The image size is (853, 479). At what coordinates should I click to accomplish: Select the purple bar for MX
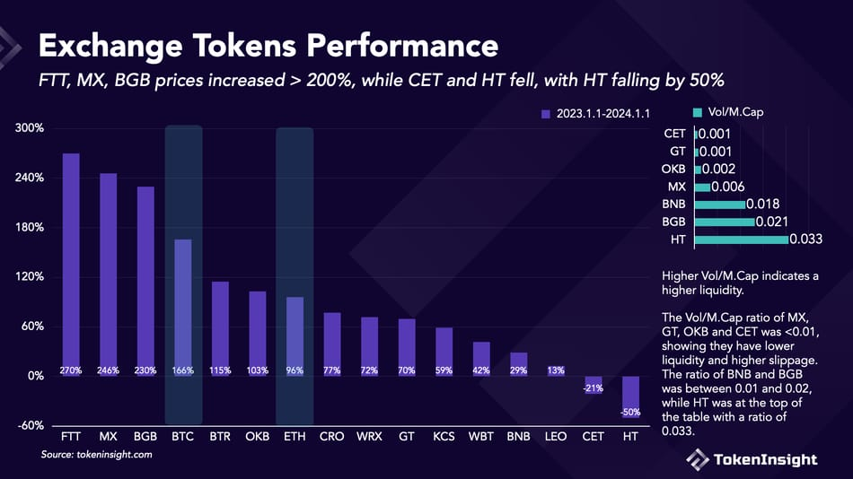point(109,274)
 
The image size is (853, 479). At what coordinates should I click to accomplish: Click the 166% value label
point(182,370)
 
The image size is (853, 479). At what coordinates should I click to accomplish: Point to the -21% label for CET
point(593,388)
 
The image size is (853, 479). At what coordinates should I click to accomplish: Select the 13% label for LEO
point(555,370)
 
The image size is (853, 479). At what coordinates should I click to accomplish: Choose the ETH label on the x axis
point(295,437)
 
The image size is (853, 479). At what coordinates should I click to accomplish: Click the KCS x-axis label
point(444,437)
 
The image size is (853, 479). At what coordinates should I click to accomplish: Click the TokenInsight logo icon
point(699,459)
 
